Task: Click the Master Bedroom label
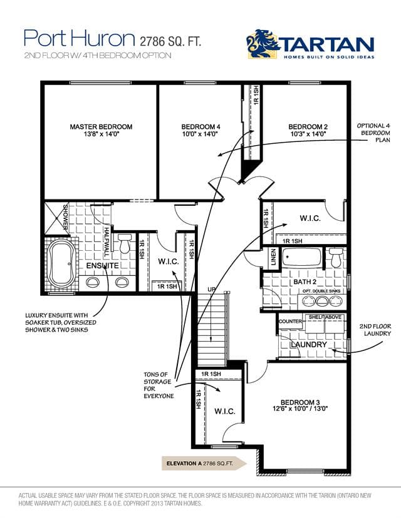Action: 101,127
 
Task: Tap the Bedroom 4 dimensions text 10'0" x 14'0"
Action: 200,134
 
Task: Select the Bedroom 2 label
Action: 308,127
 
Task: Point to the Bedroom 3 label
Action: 300,402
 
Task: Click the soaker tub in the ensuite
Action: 63,263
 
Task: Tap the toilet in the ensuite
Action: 125,243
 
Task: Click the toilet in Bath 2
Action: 336,258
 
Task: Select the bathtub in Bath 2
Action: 301,258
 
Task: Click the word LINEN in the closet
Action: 273,258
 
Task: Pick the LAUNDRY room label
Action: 309,345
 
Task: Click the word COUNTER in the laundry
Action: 290,321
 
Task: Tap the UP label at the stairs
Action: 212,290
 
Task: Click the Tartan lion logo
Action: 263,44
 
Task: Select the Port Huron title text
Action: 79,38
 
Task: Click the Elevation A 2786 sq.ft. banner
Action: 204,463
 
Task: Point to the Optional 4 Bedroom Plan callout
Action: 374,133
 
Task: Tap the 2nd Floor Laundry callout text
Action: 375,330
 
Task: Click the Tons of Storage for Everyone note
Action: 159,385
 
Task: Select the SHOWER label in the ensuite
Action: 65,217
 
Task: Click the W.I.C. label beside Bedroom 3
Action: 225,411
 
